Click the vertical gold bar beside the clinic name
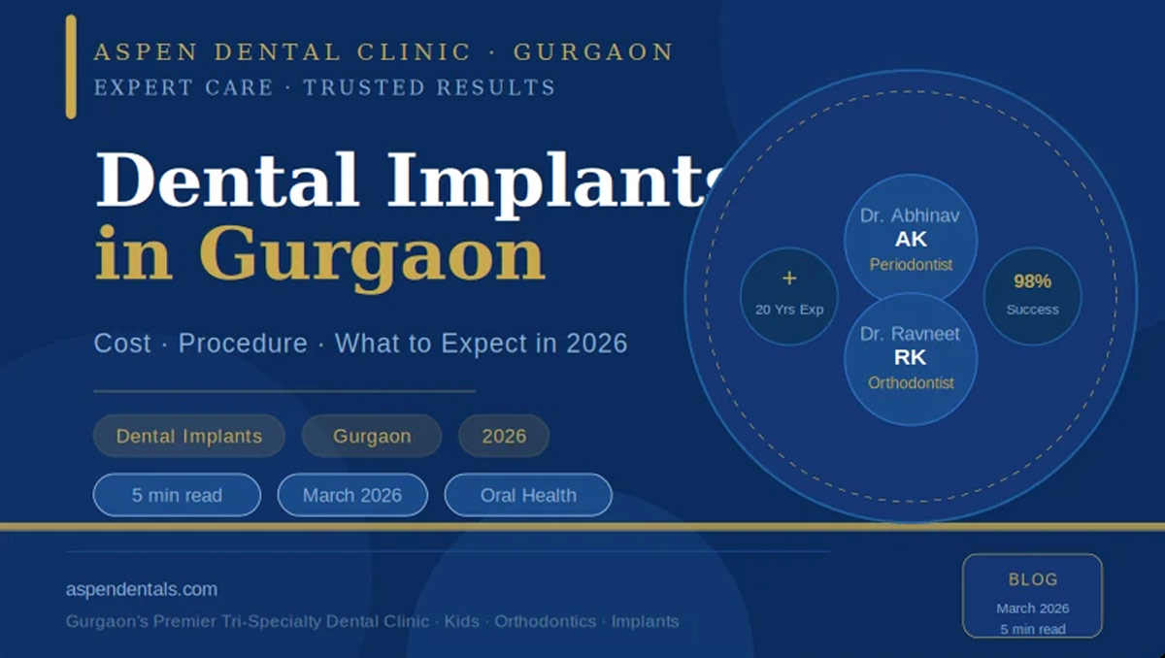(71, 67)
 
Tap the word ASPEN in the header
(147, 52)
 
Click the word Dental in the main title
(227, 180)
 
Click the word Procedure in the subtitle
(243, 344)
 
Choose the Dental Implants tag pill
(188, 436)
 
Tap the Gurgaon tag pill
(372, 436)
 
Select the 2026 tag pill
(504, 436)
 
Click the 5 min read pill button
(177, 495)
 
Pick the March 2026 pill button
(352, 495)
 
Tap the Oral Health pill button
(528, 495)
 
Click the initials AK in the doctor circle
(911, 240)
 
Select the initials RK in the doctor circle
(911, 357)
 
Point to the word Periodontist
(911, 265)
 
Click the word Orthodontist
(911, 383)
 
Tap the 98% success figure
(1032, 281)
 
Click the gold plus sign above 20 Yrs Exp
(789, 279)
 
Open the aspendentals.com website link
(142, 589)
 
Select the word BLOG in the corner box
(1033, 579)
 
